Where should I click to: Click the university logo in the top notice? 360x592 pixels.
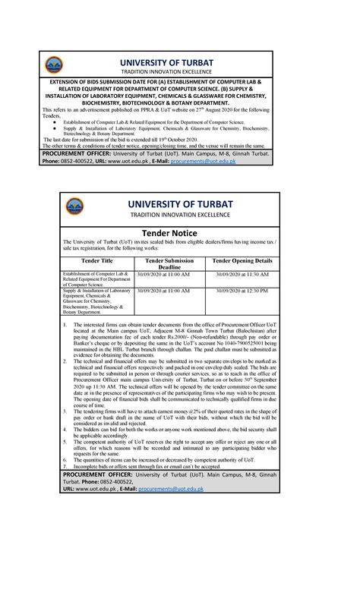(x=33, y=65)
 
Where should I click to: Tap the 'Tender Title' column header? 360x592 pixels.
(x=96, y=260)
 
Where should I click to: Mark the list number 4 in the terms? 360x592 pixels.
(x=65, y=430)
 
